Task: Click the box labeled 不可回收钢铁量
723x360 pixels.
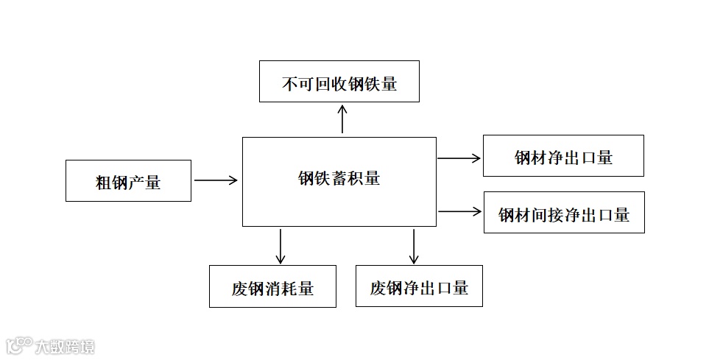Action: point(339,82)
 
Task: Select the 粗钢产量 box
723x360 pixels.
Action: point(128,180)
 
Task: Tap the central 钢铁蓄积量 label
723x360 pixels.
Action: point(339,178)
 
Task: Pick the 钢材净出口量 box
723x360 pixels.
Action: point(563,155)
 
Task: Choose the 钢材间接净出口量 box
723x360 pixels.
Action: point(564,213)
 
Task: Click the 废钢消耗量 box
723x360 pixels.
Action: point(272,286)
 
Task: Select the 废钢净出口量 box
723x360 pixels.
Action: point(419,286)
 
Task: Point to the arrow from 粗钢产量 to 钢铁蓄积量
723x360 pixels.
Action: point(216,180)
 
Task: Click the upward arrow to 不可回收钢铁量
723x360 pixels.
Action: point(342,119)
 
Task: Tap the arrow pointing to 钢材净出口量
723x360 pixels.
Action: point(459,158)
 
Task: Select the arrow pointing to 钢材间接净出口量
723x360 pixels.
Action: point(459,212)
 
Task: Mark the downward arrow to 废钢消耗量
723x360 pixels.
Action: point(280,246)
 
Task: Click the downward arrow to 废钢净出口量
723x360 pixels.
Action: point(414,246)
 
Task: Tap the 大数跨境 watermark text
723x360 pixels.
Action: point(65,346)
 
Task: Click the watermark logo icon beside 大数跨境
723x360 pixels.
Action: point(19,345)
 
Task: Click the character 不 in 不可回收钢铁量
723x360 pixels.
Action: point(289,84)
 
